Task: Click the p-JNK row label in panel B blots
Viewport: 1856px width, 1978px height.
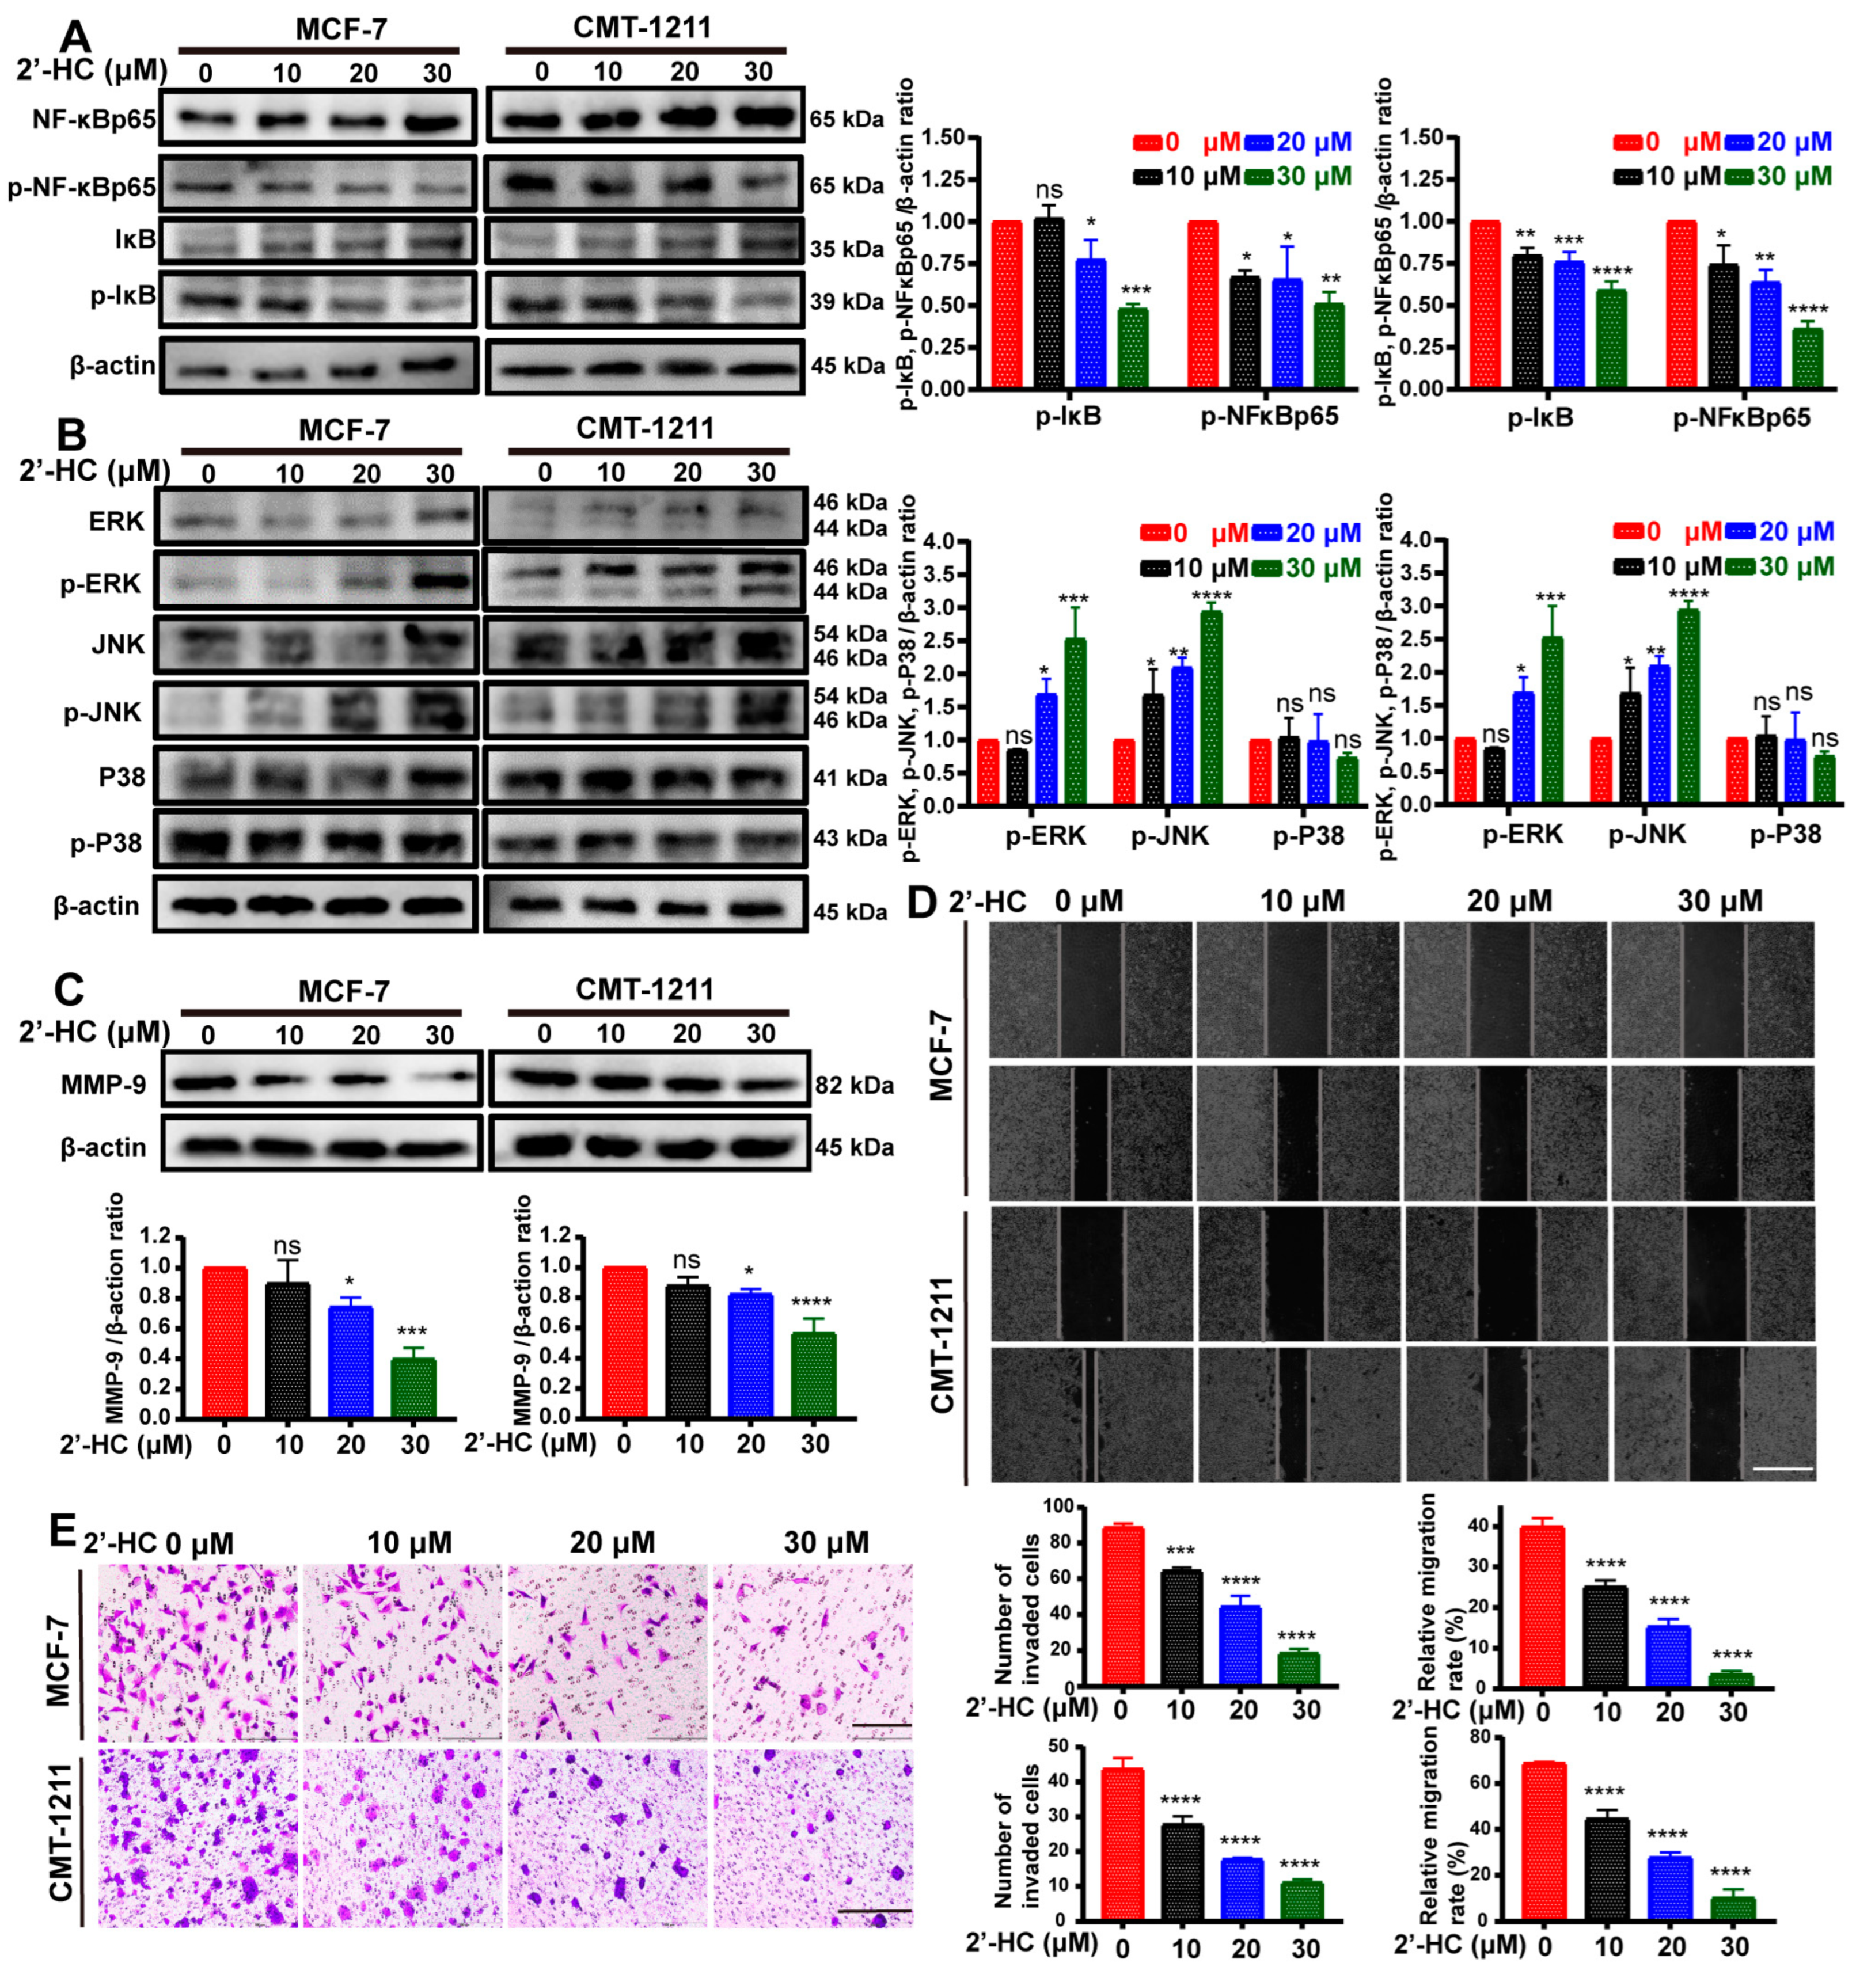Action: pyautogui.click(x=104, y=713)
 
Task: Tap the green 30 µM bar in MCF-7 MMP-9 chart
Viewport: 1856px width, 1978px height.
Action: pyautogui.click(x=413, y=1387)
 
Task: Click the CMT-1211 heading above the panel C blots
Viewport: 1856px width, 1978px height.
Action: pyautogui.click(x=645, y=989)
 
